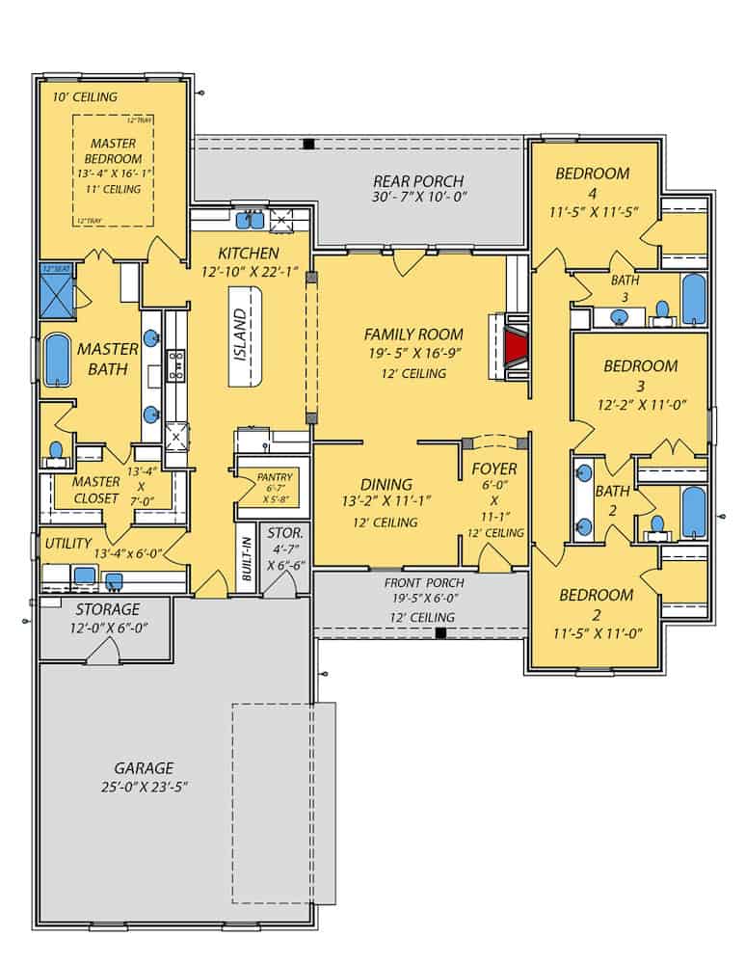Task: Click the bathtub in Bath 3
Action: click(x=693, y=300)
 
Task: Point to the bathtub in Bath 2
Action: click(x=693, y=511)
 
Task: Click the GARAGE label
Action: click(x=144, y=768)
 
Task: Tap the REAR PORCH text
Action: click(x=418, y=181)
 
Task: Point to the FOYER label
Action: click(x=493, y=469)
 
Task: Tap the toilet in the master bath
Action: click(x=57, y=450)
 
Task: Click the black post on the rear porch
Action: click(x=307, y=145)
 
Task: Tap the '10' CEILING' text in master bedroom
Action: click(x=85, y=97)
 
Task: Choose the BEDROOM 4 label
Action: click(x=592, y=174)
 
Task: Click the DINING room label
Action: click(x=386, y=485)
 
